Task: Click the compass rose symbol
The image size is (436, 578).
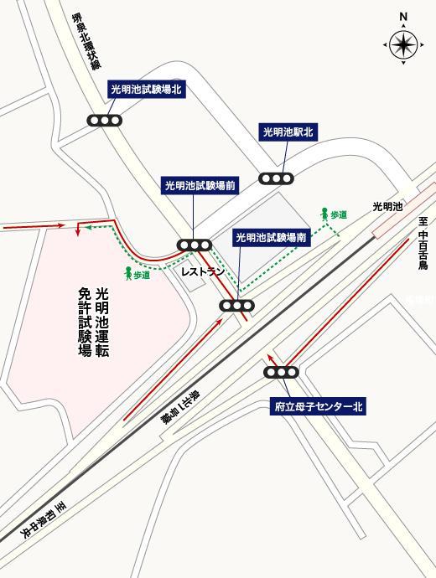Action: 402,43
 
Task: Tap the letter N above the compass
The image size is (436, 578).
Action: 403,16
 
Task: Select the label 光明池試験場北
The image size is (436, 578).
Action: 145,89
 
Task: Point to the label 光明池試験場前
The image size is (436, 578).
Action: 200,186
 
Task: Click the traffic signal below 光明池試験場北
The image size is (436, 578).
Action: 106,121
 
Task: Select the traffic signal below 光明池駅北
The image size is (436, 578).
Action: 276,178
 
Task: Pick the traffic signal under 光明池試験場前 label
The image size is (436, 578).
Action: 194,245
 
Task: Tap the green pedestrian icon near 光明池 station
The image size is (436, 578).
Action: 324,215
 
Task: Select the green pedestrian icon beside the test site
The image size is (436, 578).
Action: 128,272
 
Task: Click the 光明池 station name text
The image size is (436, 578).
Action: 388,205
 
